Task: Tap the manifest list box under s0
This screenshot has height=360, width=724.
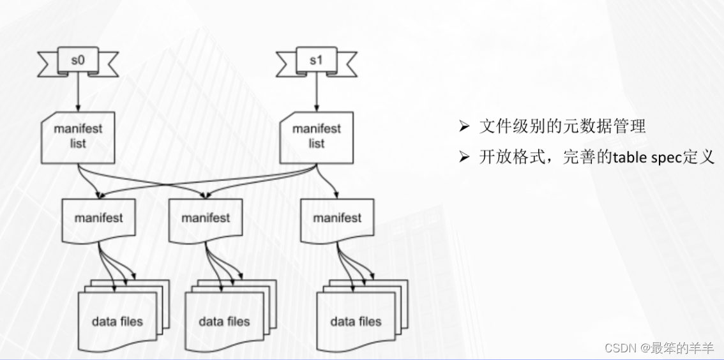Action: click(78, 135)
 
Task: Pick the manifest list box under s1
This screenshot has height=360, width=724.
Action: click(317, 135)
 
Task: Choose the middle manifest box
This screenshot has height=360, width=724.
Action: click(205, 219)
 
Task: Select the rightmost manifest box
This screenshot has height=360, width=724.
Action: click(337, 219)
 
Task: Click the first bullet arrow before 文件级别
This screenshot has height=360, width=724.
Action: click(464, 127)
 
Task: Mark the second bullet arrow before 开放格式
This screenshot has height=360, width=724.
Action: click(464, 157)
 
